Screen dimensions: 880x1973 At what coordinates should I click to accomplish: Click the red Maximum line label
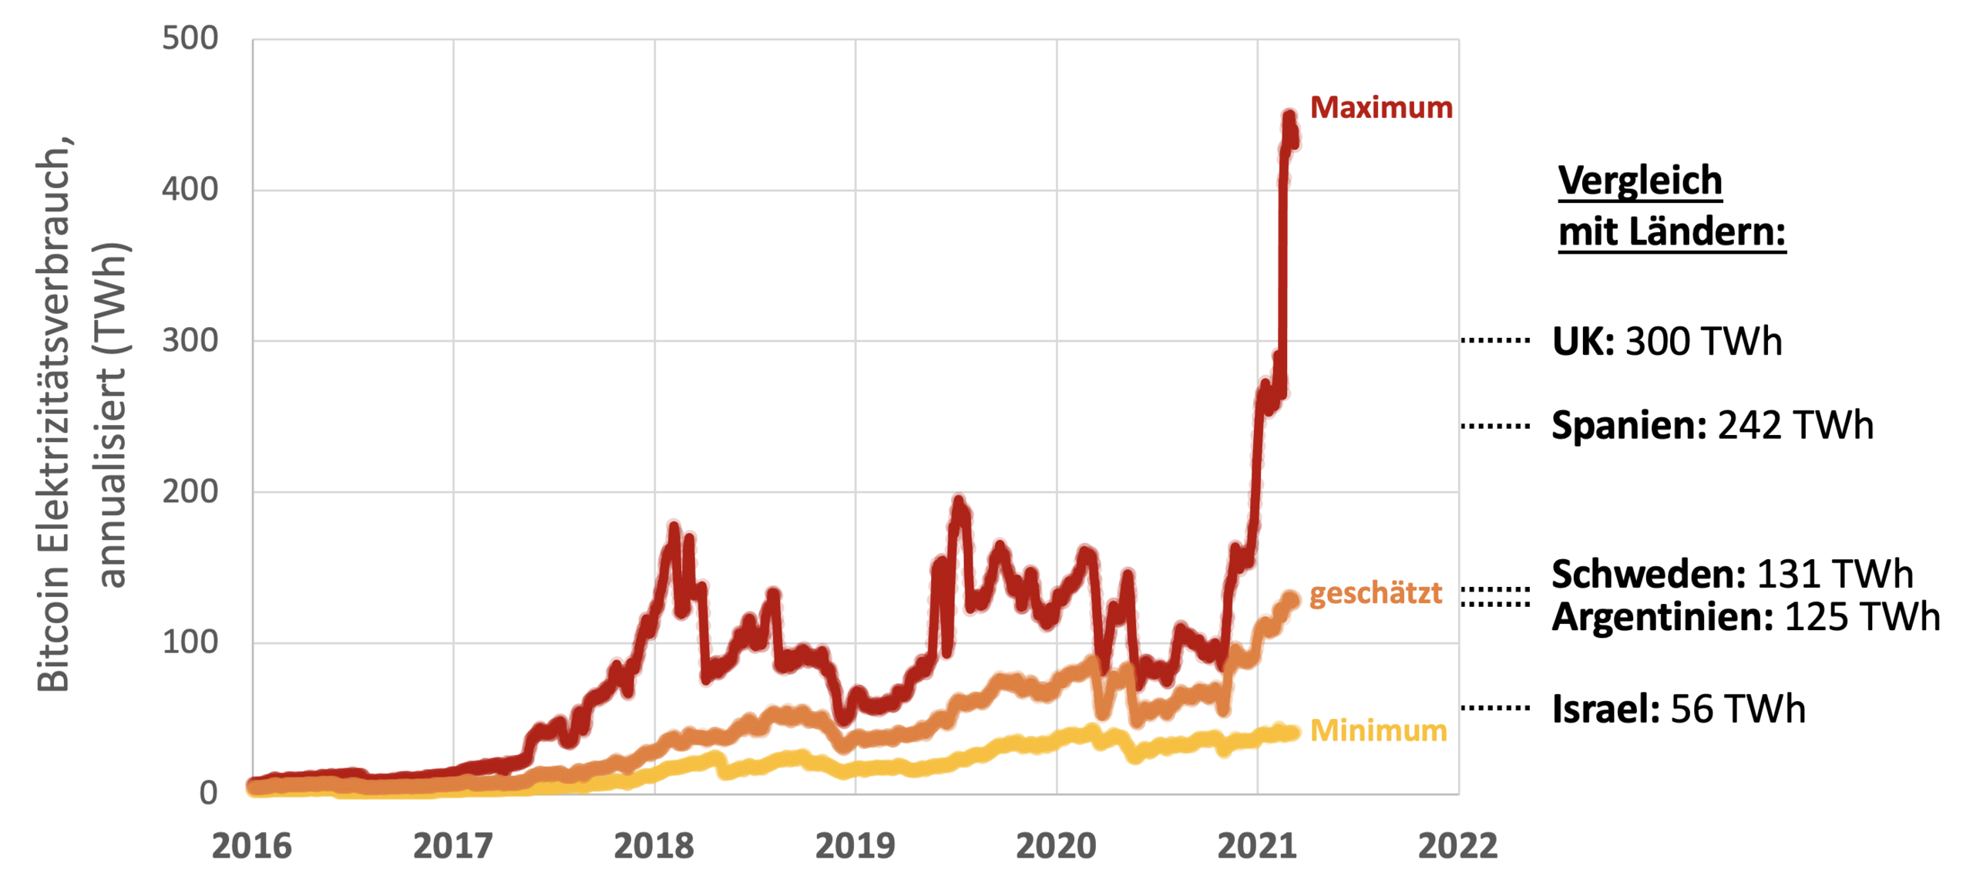[1380, 108]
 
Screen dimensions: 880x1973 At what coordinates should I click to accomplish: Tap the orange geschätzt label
[1375, 593]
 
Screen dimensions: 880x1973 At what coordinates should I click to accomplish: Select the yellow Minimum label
[1378, 730]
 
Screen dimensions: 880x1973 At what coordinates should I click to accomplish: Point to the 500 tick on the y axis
[190, 39]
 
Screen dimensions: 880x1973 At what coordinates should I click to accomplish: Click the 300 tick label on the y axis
[190, 340]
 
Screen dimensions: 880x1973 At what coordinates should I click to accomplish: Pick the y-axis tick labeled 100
[190, 642]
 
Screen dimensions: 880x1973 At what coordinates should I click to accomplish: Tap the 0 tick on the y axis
[208, 793]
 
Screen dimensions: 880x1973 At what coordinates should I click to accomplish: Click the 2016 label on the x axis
[252, 846]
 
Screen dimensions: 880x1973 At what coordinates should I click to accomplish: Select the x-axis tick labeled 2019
[855, 846]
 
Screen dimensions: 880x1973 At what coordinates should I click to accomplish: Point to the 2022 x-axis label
[1457, 846]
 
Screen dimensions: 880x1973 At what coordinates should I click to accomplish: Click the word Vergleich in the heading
[1640, 181]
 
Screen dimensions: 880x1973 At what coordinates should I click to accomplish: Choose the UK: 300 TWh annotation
[1666, 341]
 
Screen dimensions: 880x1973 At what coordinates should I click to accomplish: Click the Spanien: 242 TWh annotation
[1712, 426]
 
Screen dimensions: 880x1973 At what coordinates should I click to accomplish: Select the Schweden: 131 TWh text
[1732, 575]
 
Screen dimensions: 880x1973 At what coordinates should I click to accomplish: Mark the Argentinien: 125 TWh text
[1746, 617]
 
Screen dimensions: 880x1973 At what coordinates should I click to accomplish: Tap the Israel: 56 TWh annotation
[1678, 710]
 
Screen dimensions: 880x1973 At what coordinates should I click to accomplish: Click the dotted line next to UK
[1495, 340]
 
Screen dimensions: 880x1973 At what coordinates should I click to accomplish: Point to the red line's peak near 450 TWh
[1289, 117]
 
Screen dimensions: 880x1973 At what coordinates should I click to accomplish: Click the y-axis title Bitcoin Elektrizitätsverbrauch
[54, 416]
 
